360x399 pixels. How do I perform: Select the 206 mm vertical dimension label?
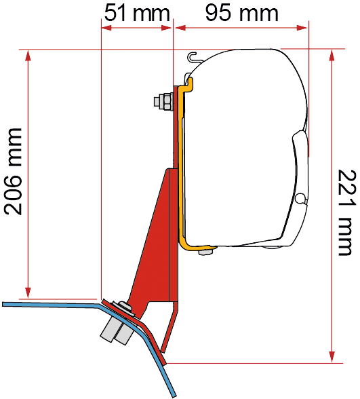click(14, 171)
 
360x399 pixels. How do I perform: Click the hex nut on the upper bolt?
click(165, 102)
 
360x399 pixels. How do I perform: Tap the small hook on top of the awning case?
click(193, 58)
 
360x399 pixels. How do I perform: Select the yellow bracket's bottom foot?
click(198, 247)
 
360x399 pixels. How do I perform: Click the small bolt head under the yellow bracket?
click(205, 252)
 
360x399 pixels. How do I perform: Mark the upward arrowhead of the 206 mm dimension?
click(28, 55)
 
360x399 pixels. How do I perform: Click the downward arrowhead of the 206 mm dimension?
click(28, 292)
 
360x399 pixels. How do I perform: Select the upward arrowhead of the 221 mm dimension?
click(332, 55)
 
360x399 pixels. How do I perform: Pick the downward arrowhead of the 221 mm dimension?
click(332, 357)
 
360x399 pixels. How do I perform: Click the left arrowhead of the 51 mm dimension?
click(107, 28)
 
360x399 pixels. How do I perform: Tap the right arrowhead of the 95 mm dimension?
click(302, 28)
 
